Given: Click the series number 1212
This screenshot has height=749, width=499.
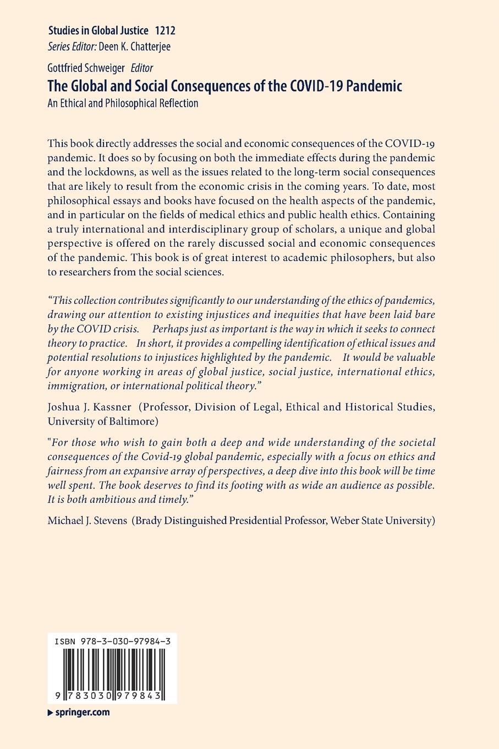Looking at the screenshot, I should click(x=166, y=30).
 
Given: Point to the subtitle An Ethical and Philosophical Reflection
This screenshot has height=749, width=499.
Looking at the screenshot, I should click(x=123, y=103).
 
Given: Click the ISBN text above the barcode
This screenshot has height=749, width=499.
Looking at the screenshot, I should click(x=112, y=642).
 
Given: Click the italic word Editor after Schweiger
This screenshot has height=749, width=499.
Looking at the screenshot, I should click(x=141, y=68).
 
